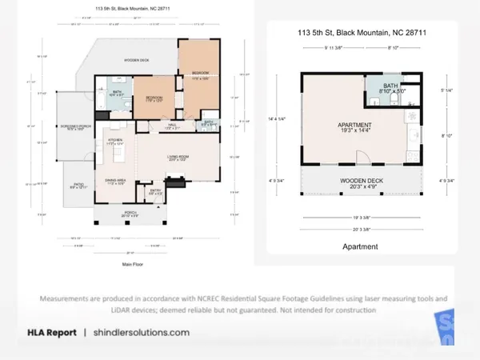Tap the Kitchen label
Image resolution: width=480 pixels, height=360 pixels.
[x=114, y=142]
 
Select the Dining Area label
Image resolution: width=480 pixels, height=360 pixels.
[x=114, y=181]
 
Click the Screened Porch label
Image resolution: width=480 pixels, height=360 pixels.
[x=76, y=128]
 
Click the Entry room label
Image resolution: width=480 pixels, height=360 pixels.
[x=156, y=191]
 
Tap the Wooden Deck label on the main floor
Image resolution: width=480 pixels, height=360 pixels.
[x=138, y=61]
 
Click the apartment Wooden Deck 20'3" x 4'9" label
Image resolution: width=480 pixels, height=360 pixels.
[x=362, y=184]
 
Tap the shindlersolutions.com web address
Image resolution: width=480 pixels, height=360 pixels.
[x=142, y=332]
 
